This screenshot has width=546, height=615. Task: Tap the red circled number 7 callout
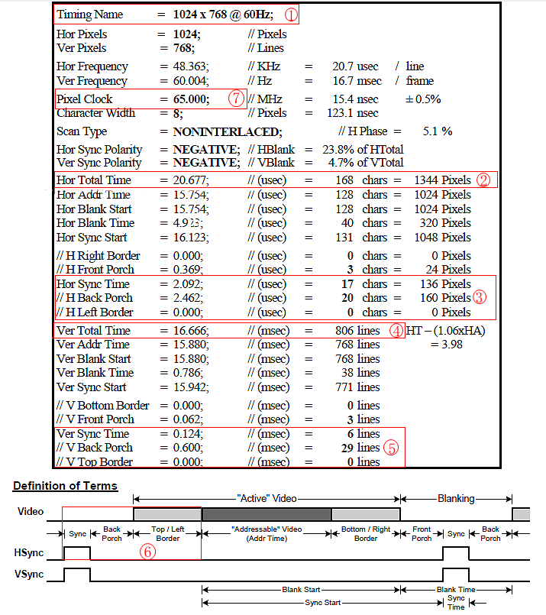click(x=236, y=99)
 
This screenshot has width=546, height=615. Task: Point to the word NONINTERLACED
click(x=227, y=131)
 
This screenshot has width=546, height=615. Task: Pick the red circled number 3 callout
click(x=480, y=297)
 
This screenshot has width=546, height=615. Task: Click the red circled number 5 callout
click(x=391, y=448)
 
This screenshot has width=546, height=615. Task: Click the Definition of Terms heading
click(x=65, y=486)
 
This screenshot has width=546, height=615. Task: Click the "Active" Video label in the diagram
click(x=266, y=499)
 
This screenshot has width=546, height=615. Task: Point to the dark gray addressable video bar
click(x=266, y=513)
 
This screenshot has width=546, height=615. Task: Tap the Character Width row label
click(x=95, y=114)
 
